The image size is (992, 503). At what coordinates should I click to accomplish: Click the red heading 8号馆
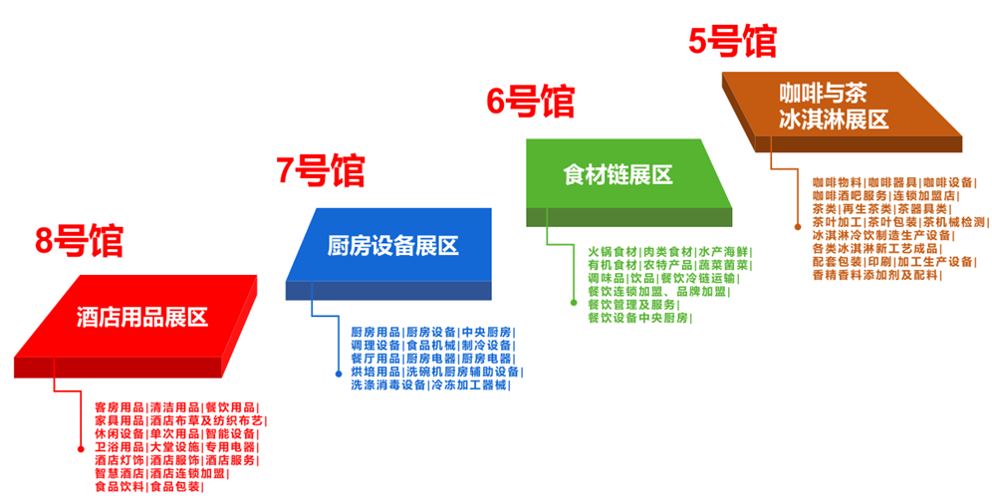coord(79,240)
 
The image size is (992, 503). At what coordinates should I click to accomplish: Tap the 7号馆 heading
coord(320,170)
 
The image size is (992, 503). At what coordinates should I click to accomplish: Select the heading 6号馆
coord(530,102)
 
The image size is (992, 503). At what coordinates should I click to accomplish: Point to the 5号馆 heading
coord(732,41)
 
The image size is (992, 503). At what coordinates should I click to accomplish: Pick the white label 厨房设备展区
coord(392,245)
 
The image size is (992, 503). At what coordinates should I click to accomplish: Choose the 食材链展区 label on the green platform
coord(618,174)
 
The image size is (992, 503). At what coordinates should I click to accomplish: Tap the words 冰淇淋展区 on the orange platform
coord(834,119)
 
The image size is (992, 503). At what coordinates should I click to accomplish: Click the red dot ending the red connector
coord(81,448)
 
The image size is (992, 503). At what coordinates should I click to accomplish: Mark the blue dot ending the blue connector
coord(339,374)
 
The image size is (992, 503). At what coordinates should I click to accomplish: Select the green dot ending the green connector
coord(574,303)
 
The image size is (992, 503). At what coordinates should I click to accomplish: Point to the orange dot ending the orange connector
coord(798,225)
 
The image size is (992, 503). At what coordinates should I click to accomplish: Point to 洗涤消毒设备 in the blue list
coord(388,384)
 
